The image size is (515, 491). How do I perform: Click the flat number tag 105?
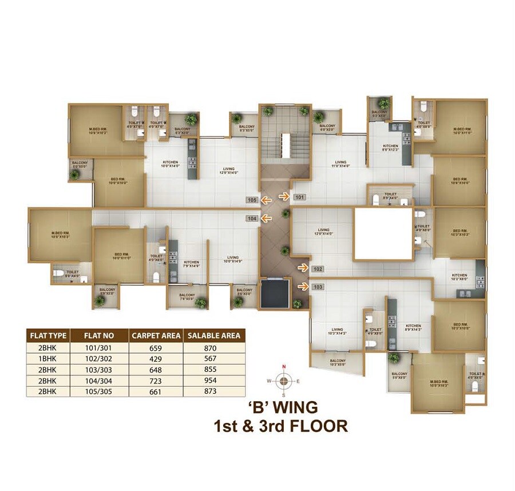[x=252, y=200]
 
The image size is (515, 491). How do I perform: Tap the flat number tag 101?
[x=300, y=197]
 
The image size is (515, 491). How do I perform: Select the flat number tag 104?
[x=252, y=218]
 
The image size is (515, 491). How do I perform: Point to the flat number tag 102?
[x=319, y=268]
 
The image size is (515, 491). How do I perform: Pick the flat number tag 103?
[x=319, y=287]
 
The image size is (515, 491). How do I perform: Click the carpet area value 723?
[x=156, y=381]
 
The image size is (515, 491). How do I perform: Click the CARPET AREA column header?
[x=156, y=335]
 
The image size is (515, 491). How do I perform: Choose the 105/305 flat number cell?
[x=100, y=392]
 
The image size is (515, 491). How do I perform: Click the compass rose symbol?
[x=283, y=379]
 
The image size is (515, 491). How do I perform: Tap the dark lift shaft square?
[x=275, y=294]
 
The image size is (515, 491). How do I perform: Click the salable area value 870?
[x=212, y=347]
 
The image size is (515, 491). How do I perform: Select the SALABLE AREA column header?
[x=212, y=335]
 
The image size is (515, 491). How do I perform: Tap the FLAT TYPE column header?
[x=48, y=335]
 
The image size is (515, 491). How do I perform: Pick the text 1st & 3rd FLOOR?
[x=280, y=426]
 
